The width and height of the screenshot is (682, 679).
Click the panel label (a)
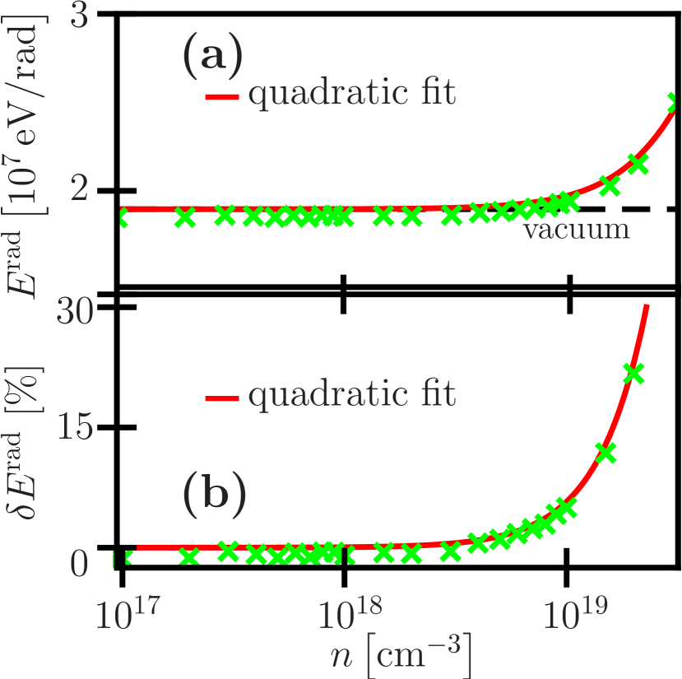(212, 58)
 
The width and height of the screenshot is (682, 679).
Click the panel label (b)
(214, 496)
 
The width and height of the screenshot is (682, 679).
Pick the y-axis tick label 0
(78, 565)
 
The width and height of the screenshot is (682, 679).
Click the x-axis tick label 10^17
(124, 614)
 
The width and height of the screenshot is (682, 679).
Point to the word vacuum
(577, 228)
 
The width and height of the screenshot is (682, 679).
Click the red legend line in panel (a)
(222, 97)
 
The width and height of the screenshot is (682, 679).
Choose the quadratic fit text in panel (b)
(351, 395)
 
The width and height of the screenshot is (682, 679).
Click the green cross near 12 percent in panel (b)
(605, 452)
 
